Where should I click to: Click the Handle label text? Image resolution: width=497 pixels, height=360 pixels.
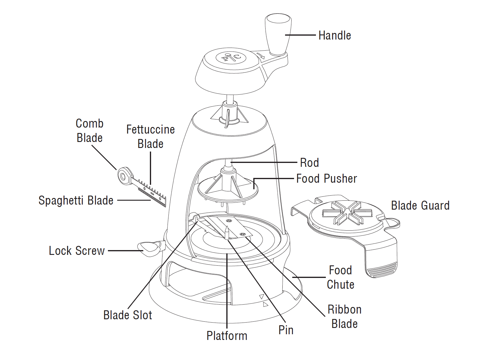pyautogui.click(x=335, y=35)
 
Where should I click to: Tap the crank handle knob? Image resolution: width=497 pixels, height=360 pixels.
pyautogui.click(x=278, y=33)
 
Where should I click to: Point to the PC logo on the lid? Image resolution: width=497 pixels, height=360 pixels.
pyautogui.click(x=231, y=57)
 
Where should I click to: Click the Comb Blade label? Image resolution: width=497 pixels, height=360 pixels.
pyautogui.click(x=89, y=131)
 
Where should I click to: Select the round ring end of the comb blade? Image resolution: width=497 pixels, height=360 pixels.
pyautogui.click(x=123, y=176)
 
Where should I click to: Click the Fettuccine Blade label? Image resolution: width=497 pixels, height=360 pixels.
pyautogui.click(x=150, y=137)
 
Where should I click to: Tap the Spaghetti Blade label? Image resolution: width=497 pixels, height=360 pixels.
pyautogui.click(x=76, y=200)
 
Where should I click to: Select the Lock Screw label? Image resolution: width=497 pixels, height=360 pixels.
pyautogui.click(x=77, y=251)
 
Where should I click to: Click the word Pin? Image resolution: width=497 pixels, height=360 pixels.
pyautogui.click(x=286, y=330)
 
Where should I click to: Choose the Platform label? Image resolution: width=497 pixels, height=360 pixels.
pyautogui.click(x=227, y=336)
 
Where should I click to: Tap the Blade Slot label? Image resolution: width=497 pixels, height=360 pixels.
pyautogui.click(x=127, y=315)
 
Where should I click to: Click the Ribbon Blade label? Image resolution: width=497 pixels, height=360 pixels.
pyautogui.click(x=344, y=317)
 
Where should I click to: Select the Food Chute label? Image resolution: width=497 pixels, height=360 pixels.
pyautogui.click(x=340, y=277)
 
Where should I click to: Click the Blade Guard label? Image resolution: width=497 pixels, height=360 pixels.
pyautogui.click(x=420, y=205)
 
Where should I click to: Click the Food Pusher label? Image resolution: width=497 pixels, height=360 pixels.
pyautogui.click(x=326, y=179)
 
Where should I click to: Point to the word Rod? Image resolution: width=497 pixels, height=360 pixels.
pyautogui.click(x=309, y=163)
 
